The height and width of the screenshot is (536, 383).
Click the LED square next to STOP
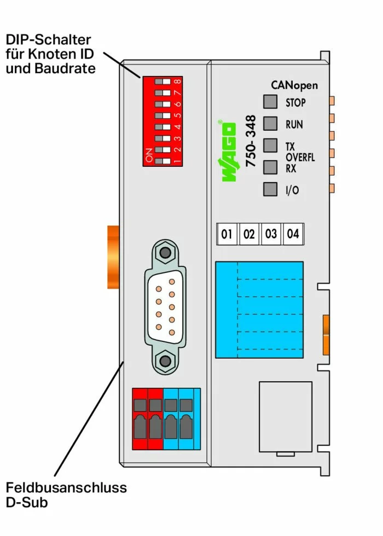coord(270,102)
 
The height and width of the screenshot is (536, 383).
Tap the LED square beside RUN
coord(270,124)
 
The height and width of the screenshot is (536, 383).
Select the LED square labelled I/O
coord(270,189)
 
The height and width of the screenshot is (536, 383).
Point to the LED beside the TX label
coord(270,145)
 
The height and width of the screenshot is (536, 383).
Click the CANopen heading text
coord(294,85)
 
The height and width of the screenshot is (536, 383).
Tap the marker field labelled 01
coord(227,234)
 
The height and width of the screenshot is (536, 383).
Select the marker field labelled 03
coord(271,234)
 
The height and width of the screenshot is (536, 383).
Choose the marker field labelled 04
coord(293,234)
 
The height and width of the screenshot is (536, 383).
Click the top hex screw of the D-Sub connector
coord(163,253)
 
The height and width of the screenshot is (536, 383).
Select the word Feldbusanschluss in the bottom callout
coord(66,487)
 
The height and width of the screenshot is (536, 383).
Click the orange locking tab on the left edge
coord(113,257)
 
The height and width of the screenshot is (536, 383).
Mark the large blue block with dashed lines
coord(259,310)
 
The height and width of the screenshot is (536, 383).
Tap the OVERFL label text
coord(300,158)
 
